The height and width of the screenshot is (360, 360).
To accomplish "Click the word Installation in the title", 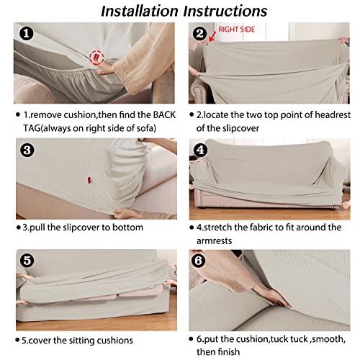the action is [x=140, y=11].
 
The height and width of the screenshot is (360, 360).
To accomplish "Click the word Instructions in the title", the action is [x=225, y=11].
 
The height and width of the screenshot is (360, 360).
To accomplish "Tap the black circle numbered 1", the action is [x=27, y=34].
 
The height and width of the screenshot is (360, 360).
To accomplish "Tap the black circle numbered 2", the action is [x=199, y=34].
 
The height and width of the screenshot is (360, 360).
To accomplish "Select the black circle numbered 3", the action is [x=27, y=150].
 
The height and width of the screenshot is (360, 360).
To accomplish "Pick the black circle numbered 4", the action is [x=200, y=150].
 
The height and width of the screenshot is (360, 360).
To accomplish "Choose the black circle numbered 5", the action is [x=27, y=261].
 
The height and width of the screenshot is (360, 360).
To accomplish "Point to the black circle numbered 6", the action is [x=198, y=261].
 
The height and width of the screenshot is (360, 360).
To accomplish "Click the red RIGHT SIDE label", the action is [x=236, y=30].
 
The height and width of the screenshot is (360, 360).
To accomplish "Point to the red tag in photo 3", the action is [x=89, y=180].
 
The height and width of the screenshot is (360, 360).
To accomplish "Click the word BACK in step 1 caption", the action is [x=164, y=115].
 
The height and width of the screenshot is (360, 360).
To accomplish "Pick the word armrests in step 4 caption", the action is [x=214, y=240].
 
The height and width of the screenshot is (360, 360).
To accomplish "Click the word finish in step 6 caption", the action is [x=228, y=352].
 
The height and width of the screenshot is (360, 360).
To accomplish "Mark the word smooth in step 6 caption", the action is [x=329, y=339].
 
